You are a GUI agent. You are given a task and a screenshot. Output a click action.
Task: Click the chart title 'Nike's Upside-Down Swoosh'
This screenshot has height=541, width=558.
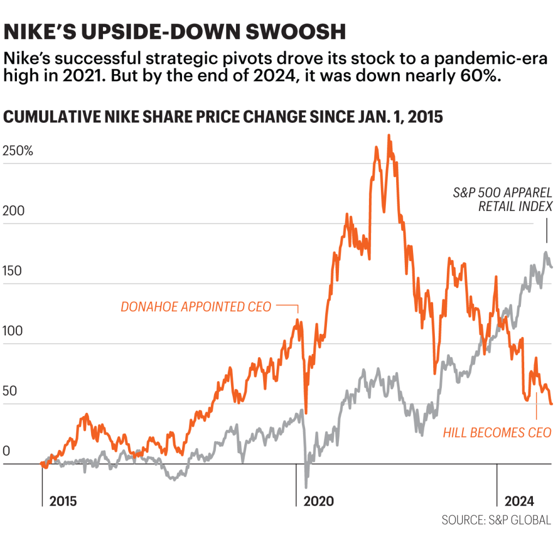(x=174, y=32)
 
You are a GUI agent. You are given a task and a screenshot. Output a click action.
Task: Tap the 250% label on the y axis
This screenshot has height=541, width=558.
(x=19, y=151)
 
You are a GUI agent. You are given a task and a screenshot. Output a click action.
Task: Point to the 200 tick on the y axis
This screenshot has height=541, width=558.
(x=14, y=212)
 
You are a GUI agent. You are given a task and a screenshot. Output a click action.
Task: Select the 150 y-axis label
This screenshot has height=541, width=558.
(x=14, y=272)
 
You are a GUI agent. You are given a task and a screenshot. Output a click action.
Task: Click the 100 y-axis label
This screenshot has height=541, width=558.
(x=14, y=332)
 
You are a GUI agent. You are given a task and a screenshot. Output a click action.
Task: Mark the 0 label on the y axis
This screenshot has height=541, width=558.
(x=7, y=452)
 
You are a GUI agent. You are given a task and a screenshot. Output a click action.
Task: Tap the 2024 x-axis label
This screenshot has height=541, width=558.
(x=519, y=501)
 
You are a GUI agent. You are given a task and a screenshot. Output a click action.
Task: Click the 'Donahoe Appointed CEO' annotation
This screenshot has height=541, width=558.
(x=196, y=307)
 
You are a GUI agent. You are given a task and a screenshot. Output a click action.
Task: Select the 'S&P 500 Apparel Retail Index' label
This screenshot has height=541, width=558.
(x=502, y=199)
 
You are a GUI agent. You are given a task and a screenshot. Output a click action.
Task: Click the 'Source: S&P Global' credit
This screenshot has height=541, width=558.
(x=496, y=520)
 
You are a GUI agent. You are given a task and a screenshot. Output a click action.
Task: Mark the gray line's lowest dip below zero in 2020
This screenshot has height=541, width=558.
(x=306, y=486)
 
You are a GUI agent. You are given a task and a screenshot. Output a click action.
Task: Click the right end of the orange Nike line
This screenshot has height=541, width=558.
(x=551, y=404)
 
